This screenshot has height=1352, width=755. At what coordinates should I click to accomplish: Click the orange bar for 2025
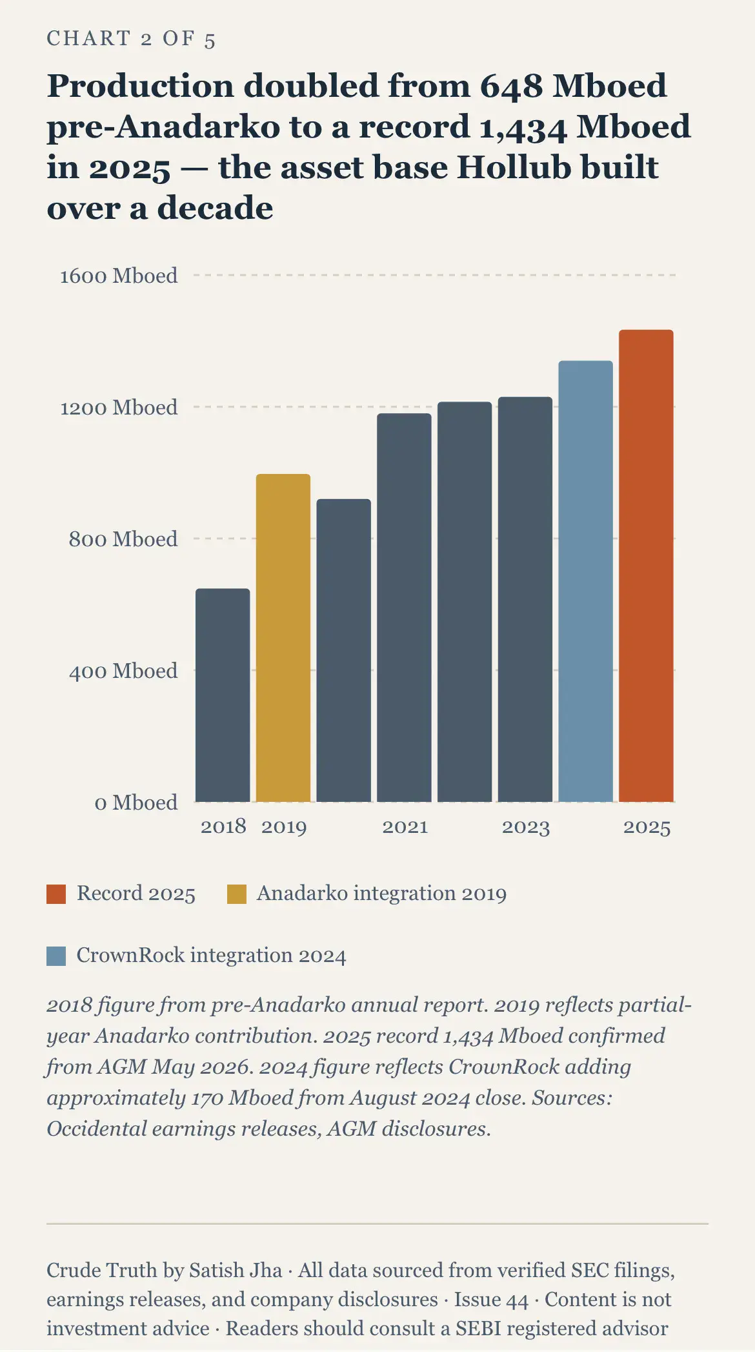[x=646, y=566]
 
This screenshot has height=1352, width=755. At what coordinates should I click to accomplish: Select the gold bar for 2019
[x=283, y=638]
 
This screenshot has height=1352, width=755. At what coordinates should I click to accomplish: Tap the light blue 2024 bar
[x=585, y=581]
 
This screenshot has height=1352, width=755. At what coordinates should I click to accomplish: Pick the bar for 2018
[x=223, y=695]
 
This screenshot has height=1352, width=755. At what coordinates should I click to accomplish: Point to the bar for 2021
[x=404, y=608]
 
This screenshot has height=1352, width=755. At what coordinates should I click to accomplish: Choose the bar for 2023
[x=525, y=599]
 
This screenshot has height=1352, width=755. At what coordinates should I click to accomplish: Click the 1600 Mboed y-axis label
[x=119, y=276]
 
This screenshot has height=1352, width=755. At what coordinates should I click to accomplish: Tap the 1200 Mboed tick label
[x=119, y=407]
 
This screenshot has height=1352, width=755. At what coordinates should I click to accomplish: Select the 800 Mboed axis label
[x=123, y=539]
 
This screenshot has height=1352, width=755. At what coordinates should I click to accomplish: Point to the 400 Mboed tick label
[x=123, y=671]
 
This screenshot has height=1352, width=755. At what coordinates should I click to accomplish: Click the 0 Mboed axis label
[x=136, y=803]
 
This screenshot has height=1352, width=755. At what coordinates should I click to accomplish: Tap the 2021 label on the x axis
[x=405, y=827]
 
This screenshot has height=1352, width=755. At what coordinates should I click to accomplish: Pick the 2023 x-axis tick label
[x=526, y=827]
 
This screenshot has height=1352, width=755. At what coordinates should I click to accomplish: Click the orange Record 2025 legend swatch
[x=56, y=894]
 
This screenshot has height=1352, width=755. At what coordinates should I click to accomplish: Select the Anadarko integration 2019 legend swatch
[x=237, y=894]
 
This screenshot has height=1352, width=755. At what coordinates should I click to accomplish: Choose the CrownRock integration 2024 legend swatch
[x=56, y=956]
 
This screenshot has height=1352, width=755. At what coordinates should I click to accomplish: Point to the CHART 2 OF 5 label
[x=131, y=39]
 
